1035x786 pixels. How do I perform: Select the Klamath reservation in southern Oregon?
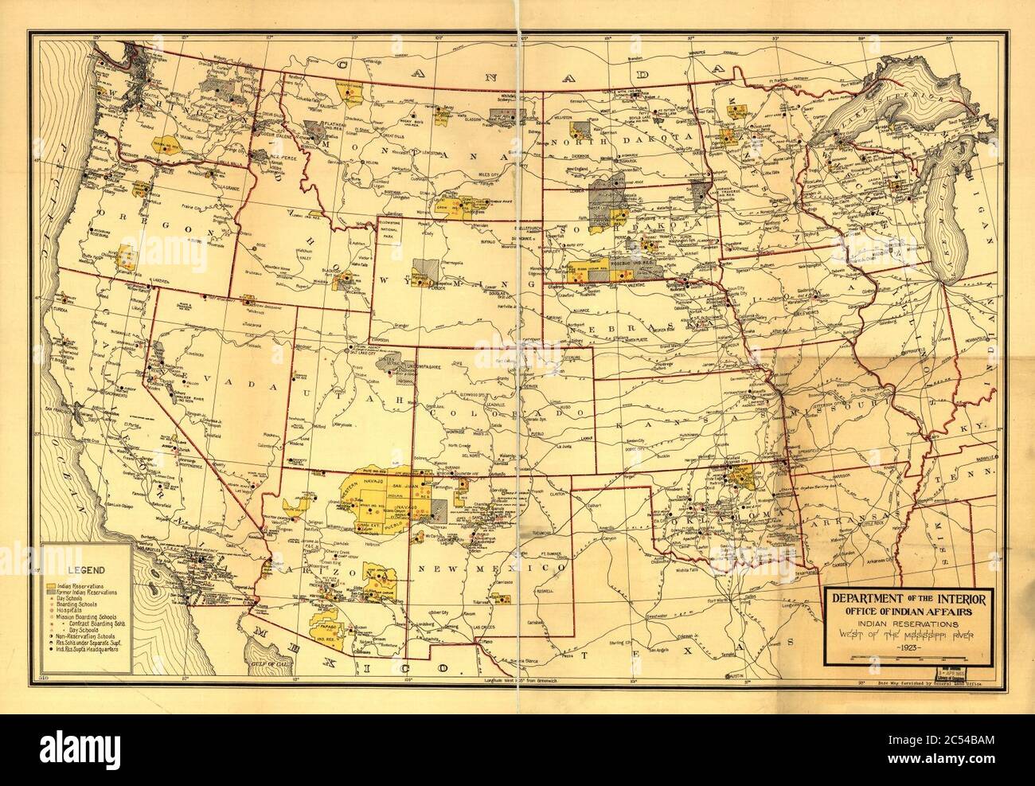125,256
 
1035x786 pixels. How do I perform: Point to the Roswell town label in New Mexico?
544,592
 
